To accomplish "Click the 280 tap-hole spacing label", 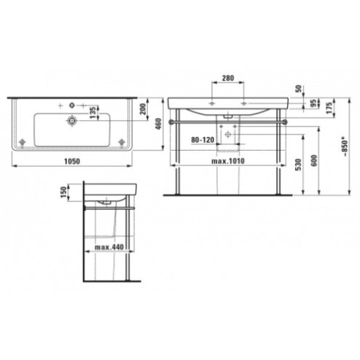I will [228, 78].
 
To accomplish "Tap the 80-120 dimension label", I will [202, 140].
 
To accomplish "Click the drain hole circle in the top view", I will [71, 120].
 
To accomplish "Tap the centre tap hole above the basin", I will [71, 105].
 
